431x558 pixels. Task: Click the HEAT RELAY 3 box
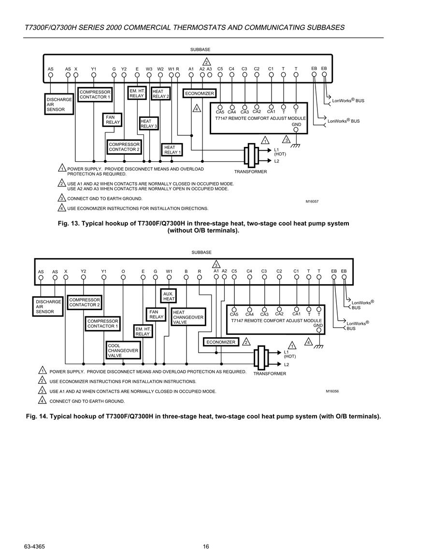[149, 124]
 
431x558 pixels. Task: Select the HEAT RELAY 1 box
[172, 150]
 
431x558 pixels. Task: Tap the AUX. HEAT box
[168, 296]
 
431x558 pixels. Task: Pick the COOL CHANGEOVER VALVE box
[123, 351]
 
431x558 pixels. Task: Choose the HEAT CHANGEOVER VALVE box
[188, 317]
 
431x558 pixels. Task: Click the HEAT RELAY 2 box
[160, 94]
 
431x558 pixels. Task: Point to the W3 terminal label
[149, 69]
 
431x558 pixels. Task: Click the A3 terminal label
[209, 69]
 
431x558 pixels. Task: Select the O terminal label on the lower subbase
[123, 272]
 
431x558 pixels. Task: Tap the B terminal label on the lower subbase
[186, 272]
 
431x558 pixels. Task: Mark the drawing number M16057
[312, 201]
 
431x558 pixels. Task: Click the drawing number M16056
[332, 391]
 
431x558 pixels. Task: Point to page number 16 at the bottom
[206, 546]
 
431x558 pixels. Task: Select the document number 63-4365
[34, 546]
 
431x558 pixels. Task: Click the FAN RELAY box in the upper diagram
[113, 120]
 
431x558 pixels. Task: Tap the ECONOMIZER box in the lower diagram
[221, 342]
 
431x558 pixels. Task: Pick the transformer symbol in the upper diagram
[251, 156]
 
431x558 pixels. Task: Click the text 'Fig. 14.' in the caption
[37, 416]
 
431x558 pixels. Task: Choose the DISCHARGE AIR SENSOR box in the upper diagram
[59, 104]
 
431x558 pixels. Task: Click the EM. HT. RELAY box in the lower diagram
[143, 331]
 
